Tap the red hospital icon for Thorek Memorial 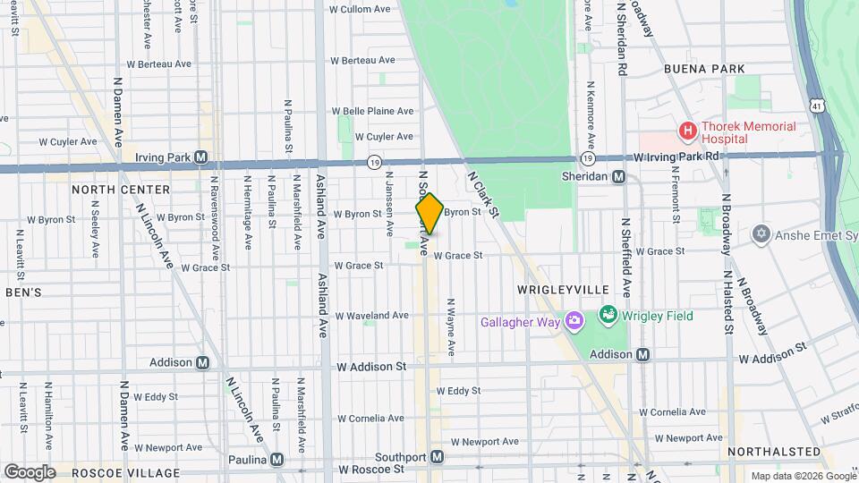[x=688, y=131]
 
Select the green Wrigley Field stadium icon [x=608, y=315]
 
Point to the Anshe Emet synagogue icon [x=761, y=233]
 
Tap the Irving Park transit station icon [x=201, y=157]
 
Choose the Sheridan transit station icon [x=618, y=176]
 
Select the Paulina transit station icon [x=277, y=459]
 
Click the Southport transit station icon [x=437, y=456]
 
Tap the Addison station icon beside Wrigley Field [x=642, y=355]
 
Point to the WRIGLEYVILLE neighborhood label [x=563, y=290]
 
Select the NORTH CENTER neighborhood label [x=121, y=190]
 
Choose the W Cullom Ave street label [x=360, y=10]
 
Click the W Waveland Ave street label [x=372, y=316]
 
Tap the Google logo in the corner [x=30, y=471]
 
